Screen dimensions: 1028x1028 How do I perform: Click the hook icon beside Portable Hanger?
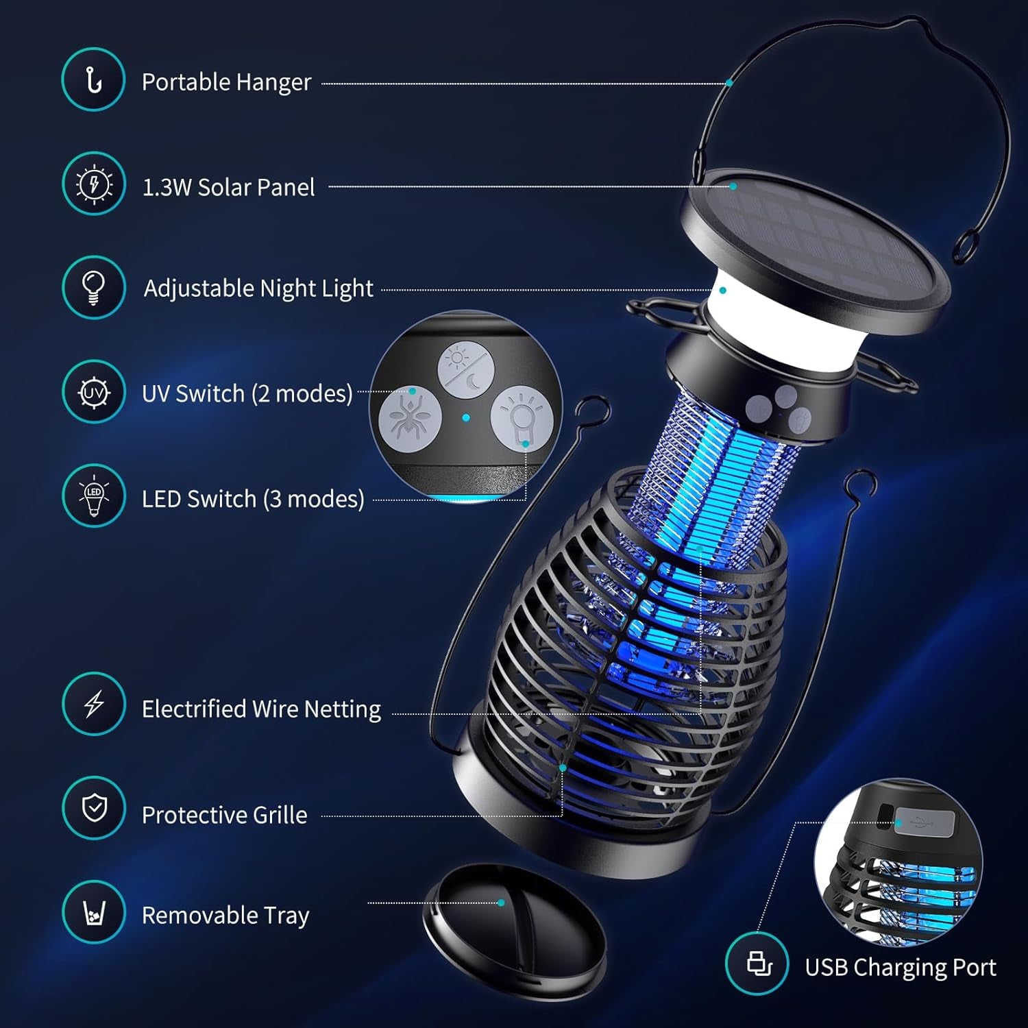[93, 80]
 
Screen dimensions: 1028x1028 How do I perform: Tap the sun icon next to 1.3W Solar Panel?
[93, 184]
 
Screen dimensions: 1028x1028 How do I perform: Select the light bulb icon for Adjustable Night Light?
[93, 288]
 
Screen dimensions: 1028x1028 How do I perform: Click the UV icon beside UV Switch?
[93, 393]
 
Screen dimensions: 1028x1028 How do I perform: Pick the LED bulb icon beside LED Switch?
[93, 497]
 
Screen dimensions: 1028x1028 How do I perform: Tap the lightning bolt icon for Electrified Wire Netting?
[93, 704]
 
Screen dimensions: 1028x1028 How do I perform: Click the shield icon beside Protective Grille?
[93, 808]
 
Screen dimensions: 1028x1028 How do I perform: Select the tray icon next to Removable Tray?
[93, 913]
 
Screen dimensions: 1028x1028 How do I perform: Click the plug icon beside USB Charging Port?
[757, 964]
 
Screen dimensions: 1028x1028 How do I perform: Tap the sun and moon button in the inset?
[466, 369]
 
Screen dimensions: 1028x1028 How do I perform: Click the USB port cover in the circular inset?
[924, 822]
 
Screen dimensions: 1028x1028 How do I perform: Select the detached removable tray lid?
[514, 929]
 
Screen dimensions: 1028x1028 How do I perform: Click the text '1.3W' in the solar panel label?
[167, 188]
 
